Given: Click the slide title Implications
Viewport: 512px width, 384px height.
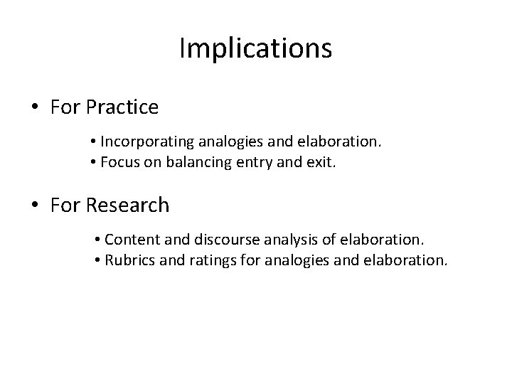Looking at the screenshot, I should [x=256, y=48].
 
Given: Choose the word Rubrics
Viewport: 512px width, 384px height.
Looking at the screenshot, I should [x=128, y=260].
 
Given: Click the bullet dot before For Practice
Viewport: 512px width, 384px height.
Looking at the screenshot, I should [x=35, y=109].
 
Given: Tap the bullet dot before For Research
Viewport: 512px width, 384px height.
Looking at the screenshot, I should [x=35, y=206].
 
